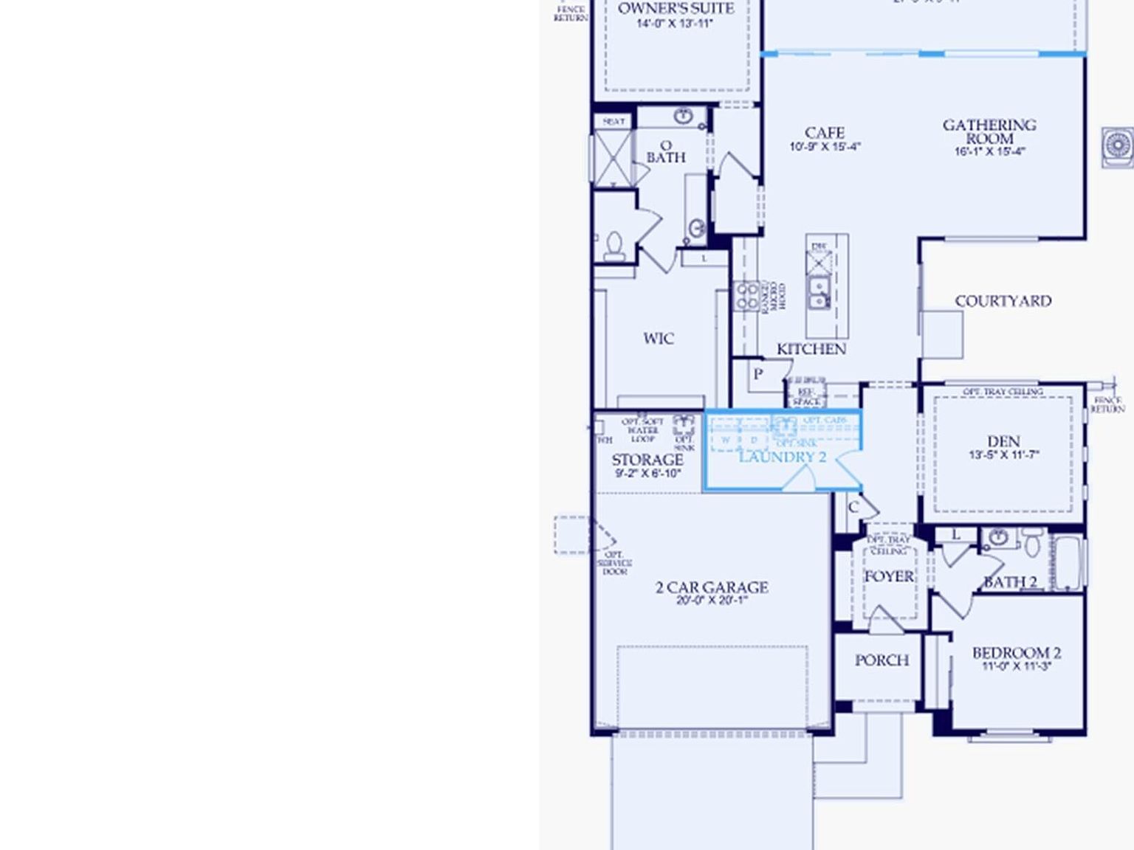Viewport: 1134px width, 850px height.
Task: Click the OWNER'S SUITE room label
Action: pyautogui.click(x=676, y=9)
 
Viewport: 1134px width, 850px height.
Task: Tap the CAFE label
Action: pyautogui.click(x=825, y=133)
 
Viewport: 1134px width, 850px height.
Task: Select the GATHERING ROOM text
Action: pyautogui.click(x=989, y=131)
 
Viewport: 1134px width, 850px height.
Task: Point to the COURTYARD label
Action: pyautogui.click(x=1003, y=301)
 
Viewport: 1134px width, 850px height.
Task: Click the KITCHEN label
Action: pyautogui.click(x=811, y=349)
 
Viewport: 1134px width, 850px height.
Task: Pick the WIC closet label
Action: pyautogui.click(x=658, y=339)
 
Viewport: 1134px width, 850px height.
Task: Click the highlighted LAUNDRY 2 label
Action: pyautogui.click(x=782, y=457)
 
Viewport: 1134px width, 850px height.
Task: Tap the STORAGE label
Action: pyautogui.click(x=647, y=460)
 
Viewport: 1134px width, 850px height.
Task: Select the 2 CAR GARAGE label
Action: pyautogui.click(x=712, y=587)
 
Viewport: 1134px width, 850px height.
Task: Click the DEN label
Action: pyautogui.click(x=1003, y=441)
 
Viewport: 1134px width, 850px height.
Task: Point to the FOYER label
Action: pyautogui.click(x=889, y=576)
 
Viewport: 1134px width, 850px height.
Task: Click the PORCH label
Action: pyautogui.click(x=882, y=660)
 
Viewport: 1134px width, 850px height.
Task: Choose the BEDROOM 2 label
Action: pyautogui.click(x=1016, y=653)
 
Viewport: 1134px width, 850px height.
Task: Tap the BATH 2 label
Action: pyautogui.click(x=1010, y=582)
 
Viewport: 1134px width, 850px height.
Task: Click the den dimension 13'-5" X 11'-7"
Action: pyautogui.click(x=1003, y=455)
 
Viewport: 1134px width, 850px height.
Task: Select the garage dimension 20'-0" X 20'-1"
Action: pyautogui.click(x=712, y=601)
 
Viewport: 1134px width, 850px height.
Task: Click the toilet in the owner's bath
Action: pyautogui.click(x=614, y=246)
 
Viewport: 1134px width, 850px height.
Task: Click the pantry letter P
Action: pyautogui.click(x=757, y=374)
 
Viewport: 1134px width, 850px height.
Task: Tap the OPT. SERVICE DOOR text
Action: pyautogui.click(x=614, y=563)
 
